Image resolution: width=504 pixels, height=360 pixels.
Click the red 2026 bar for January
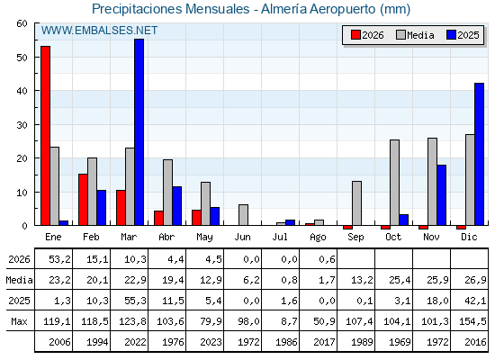(45, 136)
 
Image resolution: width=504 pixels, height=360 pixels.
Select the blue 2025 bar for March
(139, 132)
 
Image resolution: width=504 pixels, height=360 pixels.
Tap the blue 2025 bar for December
(479, 154)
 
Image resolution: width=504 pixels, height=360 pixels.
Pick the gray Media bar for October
(395, 183)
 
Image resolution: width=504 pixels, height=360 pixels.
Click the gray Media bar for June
(243, 215)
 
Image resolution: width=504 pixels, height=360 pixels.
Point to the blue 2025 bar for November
(442, 195)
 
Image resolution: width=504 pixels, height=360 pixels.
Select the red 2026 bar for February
(83, 200)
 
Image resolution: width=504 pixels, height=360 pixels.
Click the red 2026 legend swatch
(355, 35)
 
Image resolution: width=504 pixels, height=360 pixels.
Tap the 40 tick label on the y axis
(22, 91)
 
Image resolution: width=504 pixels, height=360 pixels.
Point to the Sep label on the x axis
(355, 238)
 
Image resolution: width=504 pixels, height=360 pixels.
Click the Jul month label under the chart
(280, 237)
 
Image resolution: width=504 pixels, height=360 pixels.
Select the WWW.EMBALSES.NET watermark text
(99, 31)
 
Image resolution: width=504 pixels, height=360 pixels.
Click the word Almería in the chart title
(283, 9)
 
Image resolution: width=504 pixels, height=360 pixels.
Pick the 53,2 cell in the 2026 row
(59, 259)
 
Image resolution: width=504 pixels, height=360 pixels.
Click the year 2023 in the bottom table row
(211, 342)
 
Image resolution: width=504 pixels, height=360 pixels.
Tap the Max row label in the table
(19, 321)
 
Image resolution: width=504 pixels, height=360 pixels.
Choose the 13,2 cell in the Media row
(362, 280)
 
